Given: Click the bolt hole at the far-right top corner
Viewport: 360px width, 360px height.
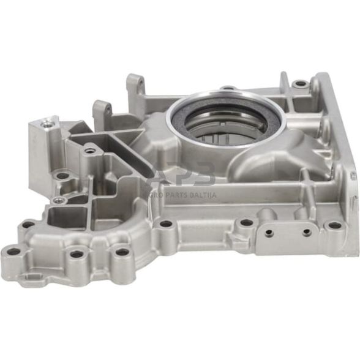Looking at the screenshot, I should [x=299, y=83].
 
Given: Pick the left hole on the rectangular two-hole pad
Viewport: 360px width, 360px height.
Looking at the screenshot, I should [x=268, y=233].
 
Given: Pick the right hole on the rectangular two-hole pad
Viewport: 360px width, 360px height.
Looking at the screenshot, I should [x=306, y=233].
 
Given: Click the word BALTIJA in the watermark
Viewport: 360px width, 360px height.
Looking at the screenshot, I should [x=198, y=195].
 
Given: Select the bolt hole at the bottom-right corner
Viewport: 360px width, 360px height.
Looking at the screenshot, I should [x=334, y=225].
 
